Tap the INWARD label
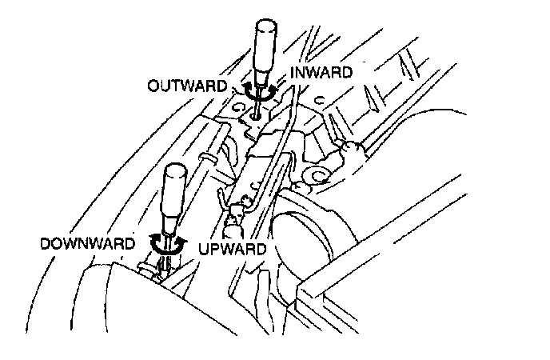point(321,73)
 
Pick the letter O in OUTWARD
point(153,84)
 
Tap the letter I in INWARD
point(293,73)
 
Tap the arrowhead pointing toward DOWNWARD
point(153,238)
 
